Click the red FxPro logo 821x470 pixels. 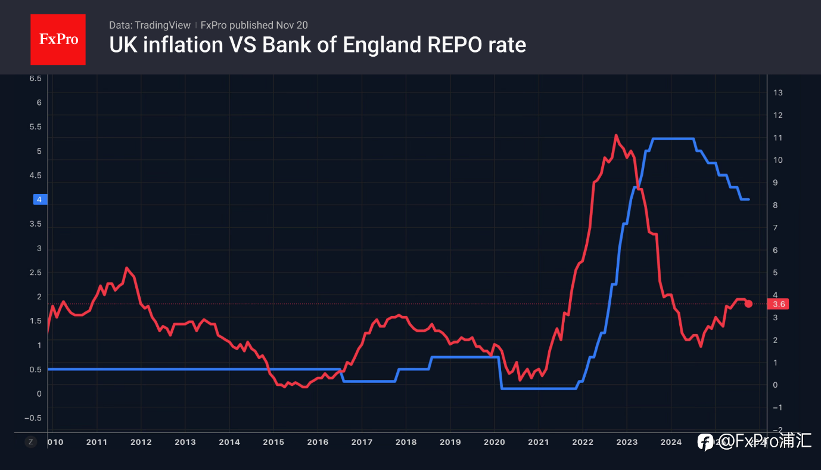pos(58,39)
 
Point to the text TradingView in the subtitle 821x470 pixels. pos(162,25)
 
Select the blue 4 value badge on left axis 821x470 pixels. pos(39,200)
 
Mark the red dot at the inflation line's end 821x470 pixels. pos(748,304)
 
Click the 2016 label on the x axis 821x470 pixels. pos(317,442)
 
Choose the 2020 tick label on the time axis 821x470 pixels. pos(494,442)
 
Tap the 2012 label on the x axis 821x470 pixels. pos(141,442)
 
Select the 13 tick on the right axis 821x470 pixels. pos(778,92)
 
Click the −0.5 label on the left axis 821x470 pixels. pos(33,418)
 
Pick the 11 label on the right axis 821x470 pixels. pos(778,138)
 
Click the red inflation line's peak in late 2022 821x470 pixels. pos(616,135)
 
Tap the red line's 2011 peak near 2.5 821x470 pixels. pos(126,268)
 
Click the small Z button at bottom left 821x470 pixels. pos(30,442)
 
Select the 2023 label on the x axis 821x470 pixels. pos(627,442)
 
